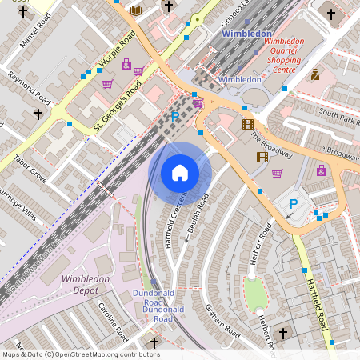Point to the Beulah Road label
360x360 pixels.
pos(197,216)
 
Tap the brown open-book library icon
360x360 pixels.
pos(136,10)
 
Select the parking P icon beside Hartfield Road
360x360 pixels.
pos(293,205)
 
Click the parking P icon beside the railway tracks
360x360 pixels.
pos(175,117)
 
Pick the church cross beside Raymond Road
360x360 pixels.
pos(38,114)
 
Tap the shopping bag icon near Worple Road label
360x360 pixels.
pos(126,65)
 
